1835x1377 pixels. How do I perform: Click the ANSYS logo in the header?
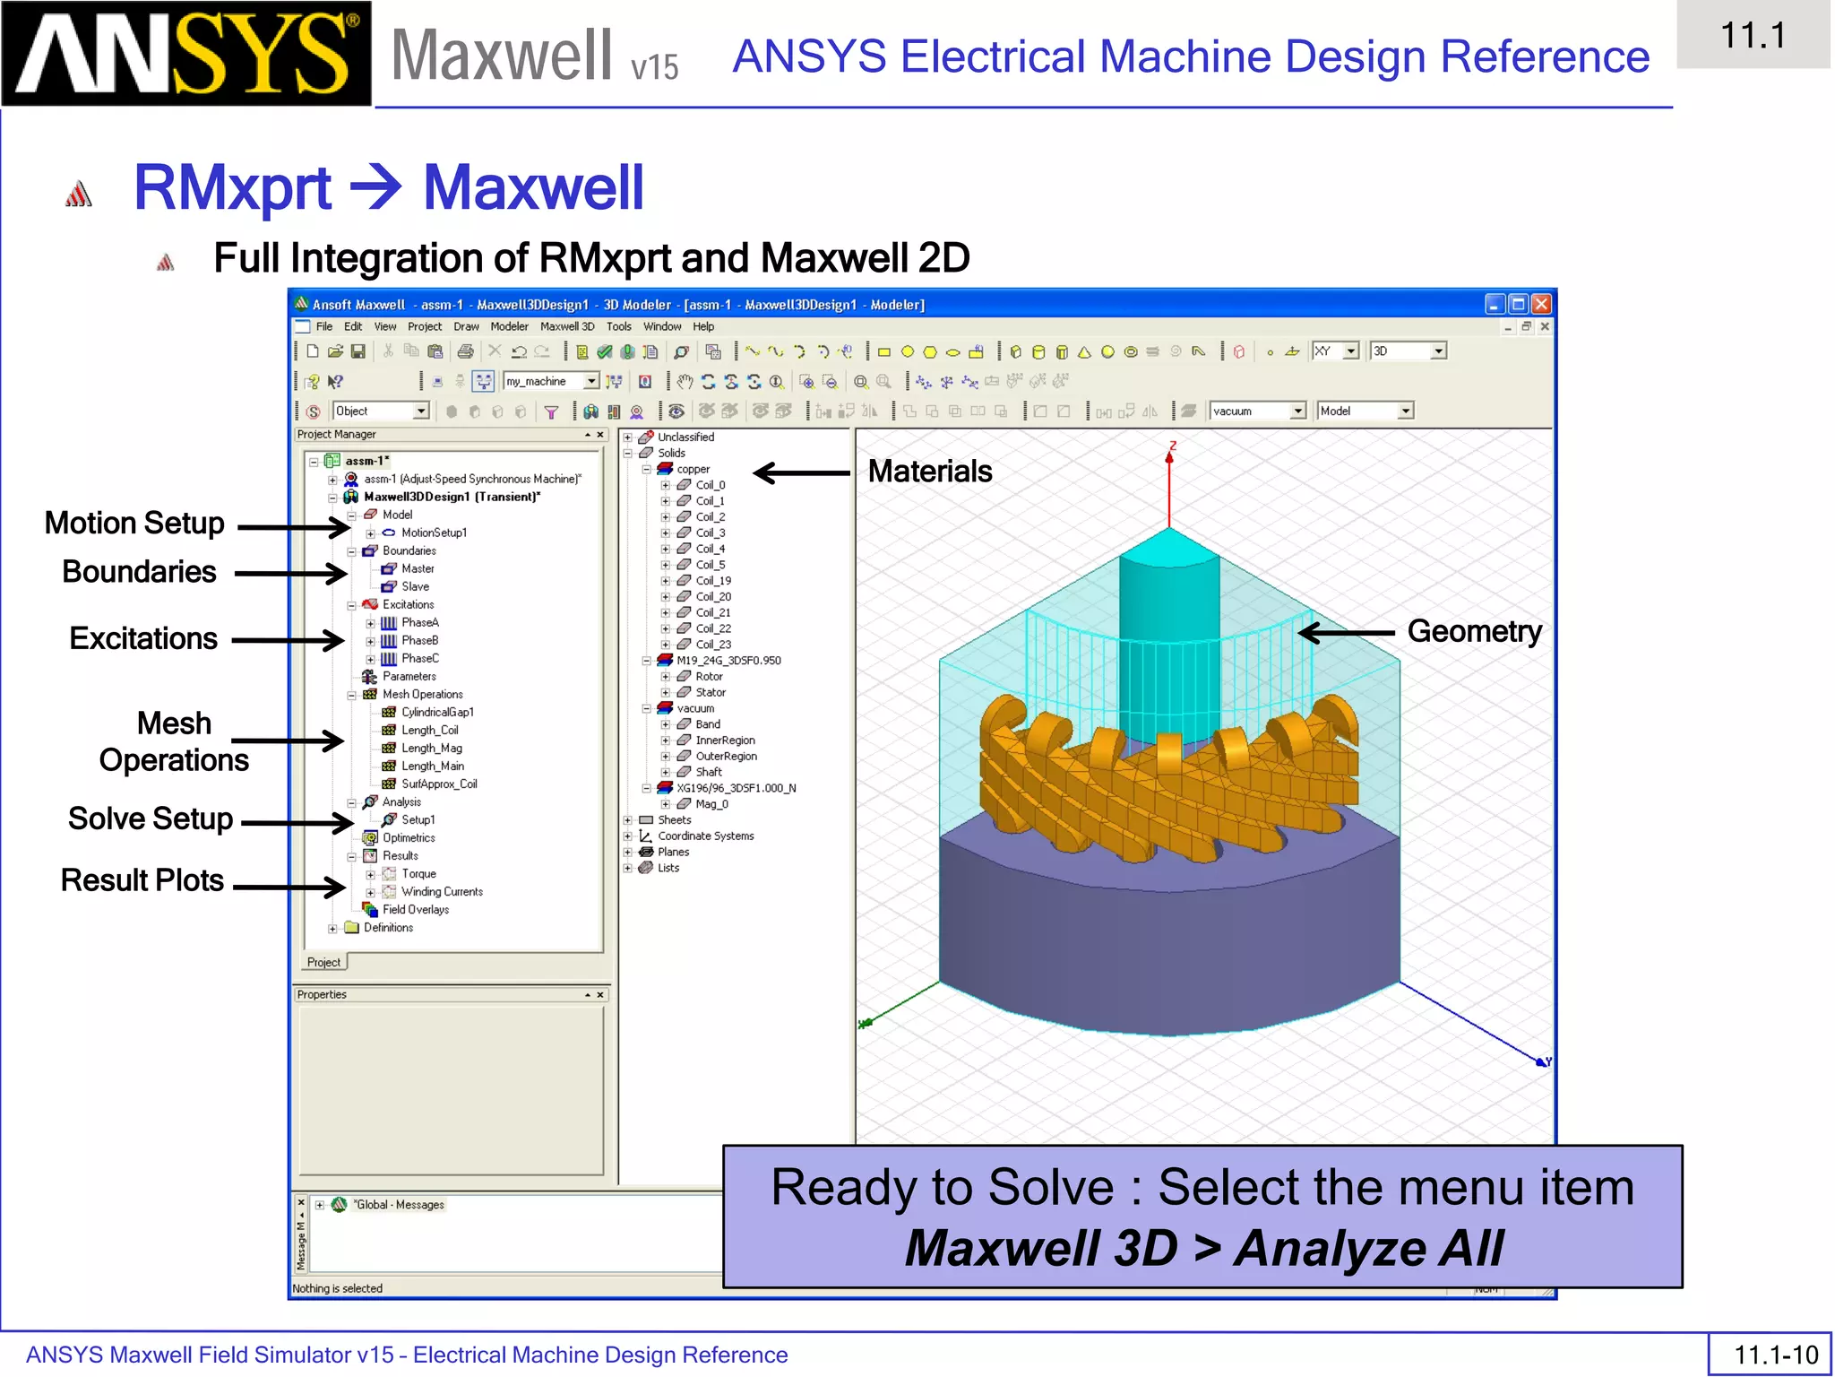pyautogui.click(x=185, y=54)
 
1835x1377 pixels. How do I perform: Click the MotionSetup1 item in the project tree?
pyautogui.click(x=434, y=533)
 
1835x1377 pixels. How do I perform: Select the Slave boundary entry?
pyautogui.click(x=415, y=586)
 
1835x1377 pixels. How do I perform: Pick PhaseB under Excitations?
pyautogui.click(x=419, y=640)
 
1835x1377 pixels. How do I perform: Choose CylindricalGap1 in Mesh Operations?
pyautogui.click(x=437, y=712)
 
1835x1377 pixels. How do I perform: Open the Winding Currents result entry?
pyautogui.click(x=442, y=891)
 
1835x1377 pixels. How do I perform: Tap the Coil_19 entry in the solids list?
pyautogui.click(x=713, y=580)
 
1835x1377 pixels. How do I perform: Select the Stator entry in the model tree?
pyautogui.click(x=711, y=692)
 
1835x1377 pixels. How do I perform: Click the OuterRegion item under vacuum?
pyautogui.click(x=726, y=756)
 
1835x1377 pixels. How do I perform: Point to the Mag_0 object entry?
pyautogui.click(x=711, y=804)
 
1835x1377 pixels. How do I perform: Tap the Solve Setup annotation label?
pyautogui.click(x=151, y=818)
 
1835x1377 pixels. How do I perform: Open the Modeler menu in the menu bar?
pyautogui.click(x=509, y=326)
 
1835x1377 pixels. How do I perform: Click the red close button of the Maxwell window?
pyautogui.click(x=1541, y=305)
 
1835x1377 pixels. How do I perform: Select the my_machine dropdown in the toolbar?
pyautogui.click(x=550, y=381)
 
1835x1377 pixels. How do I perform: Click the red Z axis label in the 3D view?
pyautogui.click(x=1172, y=446)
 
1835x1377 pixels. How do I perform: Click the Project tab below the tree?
pyautogui.click(x=323, y=962)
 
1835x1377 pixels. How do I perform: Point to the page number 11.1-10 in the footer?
pyautogui.click(x=1775, y=1354)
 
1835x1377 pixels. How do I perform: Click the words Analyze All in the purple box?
pyautogui.click(x=1368, y=1248)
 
